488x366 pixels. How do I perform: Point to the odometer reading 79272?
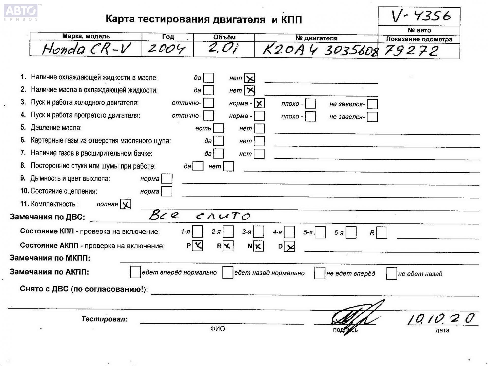[x=411, y=51]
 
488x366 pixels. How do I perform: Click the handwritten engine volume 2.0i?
[x=223, y=48]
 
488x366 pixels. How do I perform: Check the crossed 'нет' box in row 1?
[x=249, y=78]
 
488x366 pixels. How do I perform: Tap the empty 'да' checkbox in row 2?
[x=209, y=90]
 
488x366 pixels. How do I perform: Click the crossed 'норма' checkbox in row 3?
[x=259, y=103]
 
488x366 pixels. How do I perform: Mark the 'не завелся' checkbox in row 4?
[x=372, y=117]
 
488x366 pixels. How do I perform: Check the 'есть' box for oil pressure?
[x=219, y=128]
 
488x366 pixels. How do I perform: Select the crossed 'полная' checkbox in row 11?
[x=126, y=204]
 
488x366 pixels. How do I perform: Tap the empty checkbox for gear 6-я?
[x=351, y=233]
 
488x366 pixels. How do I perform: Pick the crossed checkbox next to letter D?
[x=289, y=246]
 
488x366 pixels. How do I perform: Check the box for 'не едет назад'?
[x=391, y=273]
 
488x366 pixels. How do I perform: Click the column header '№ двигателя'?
[x=316, y=38]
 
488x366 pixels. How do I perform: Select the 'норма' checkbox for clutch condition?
[x=167, y=191]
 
